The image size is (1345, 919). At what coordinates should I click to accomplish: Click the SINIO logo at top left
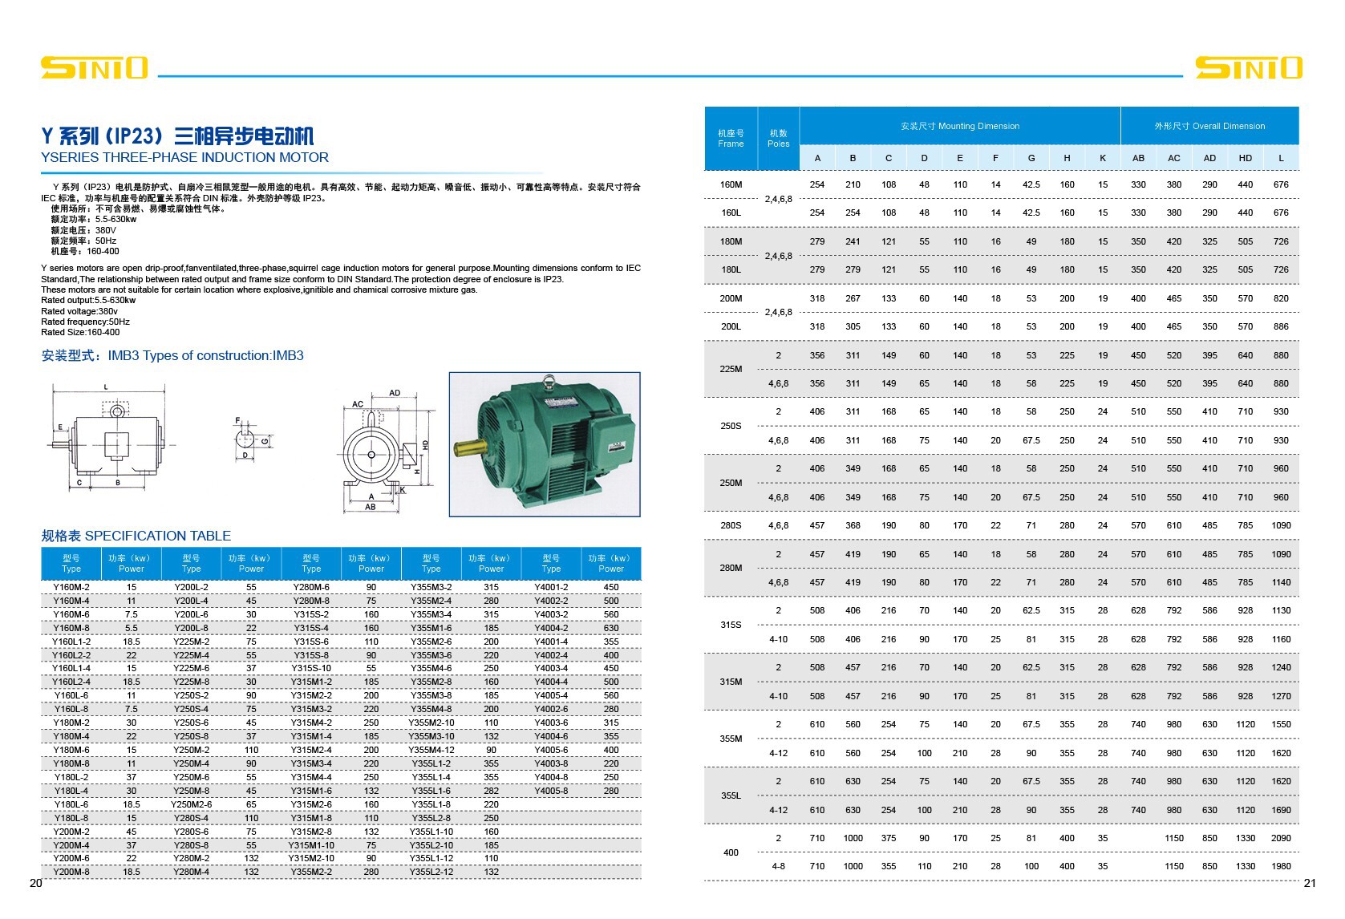point(94,67)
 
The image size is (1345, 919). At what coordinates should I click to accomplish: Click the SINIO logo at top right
point(1248,67)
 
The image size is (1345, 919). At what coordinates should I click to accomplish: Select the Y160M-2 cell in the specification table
point(71,587)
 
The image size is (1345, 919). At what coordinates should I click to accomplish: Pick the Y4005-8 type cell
point(551,791)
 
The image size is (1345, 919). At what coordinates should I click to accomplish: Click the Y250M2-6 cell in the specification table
point(191,804)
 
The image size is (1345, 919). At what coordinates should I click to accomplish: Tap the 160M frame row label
point(731,184)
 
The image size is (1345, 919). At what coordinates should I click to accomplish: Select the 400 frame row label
point(731,852)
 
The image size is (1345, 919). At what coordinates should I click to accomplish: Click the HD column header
point(1245,158)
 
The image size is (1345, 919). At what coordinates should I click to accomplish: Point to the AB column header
point(1138,158)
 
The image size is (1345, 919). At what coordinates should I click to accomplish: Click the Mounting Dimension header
point(959,126)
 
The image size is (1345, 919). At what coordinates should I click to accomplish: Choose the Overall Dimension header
point(1209,126)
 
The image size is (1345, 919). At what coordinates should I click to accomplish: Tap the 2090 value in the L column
point(1281,838)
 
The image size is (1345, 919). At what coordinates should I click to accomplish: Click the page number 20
point(35,883)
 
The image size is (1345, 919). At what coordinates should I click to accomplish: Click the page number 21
point(1310,883)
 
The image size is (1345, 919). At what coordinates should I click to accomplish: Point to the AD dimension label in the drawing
point(395,393)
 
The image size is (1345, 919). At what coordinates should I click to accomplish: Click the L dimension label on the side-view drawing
point(106,387)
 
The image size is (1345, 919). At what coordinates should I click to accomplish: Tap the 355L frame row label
point(731,796)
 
